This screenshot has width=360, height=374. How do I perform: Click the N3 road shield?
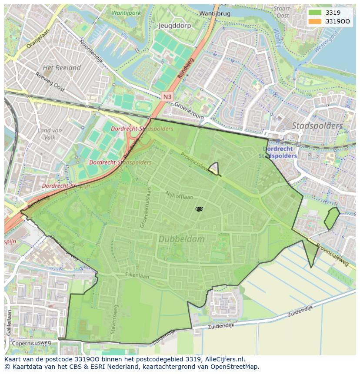point(168,96)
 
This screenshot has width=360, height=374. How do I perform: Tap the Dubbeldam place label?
point(181,239)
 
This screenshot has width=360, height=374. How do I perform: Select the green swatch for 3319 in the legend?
point(316,13)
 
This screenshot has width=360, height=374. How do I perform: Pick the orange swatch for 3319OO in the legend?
point(316,21)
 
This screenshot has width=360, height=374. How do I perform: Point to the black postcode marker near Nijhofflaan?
point(199,209)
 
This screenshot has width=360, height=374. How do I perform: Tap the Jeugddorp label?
point(174,26)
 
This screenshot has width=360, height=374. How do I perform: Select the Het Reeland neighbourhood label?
point(62,68)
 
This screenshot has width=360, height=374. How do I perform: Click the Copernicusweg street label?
point(31,343)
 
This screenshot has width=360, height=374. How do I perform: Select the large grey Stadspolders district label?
point(317,126)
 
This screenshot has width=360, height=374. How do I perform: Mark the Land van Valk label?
point(49,134)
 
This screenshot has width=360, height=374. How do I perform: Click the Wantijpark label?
point(126,13)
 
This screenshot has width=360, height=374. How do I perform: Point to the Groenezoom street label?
point(189,111)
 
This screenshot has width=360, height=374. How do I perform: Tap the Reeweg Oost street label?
point(50,83)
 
